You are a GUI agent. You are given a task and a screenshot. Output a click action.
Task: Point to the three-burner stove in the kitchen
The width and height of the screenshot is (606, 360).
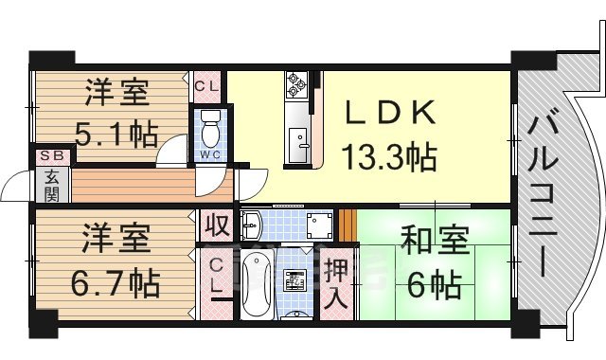point(294,86)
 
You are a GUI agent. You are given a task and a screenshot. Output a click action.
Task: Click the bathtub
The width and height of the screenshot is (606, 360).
point(257,282)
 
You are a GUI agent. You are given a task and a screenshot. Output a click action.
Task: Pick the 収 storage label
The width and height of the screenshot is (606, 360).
point(215,226)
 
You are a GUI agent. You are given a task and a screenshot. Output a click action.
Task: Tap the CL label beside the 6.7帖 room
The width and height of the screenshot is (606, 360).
point(217,276)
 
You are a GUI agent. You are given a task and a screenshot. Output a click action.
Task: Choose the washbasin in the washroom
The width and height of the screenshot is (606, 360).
point(253,225)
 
